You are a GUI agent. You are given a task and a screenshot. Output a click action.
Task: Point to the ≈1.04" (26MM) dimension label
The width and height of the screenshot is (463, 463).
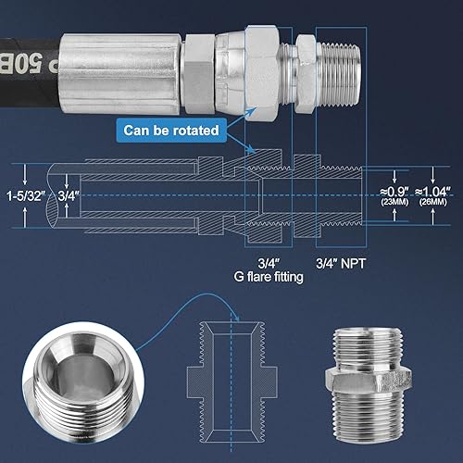432,196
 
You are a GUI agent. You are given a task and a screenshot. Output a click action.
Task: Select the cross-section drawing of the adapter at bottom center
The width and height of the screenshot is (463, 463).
230,375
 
